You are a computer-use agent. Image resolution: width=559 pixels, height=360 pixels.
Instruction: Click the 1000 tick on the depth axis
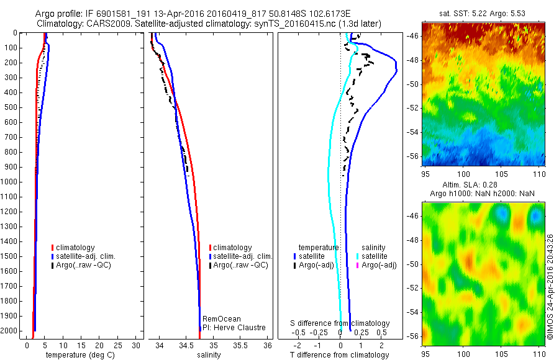[13, 182]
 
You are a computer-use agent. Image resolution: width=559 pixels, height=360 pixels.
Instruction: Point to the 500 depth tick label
[13, 107]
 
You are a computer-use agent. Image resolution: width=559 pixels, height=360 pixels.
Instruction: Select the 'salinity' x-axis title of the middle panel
[209, 355]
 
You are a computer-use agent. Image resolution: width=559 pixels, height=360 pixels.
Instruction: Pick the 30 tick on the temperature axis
[137, 345]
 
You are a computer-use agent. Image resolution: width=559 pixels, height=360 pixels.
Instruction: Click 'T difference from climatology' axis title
[340, 355]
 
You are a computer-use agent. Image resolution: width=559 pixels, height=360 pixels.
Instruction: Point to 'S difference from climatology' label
[340, 323]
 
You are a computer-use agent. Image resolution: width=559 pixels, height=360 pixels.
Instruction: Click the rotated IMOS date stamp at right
[550, 288]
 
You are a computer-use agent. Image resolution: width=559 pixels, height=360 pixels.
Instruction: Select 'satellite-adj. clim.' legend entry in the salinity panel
[242, 256]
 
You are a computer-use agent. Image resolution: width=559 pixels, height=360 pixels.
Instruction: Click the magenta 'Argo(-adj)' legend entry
[378, 265]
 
